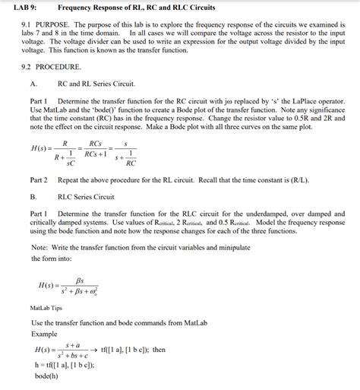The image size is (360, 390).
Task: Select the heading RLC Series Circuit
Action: [x=91, y=195]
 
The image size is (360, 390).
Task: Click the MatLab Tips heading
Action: [x=46, y=308]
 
